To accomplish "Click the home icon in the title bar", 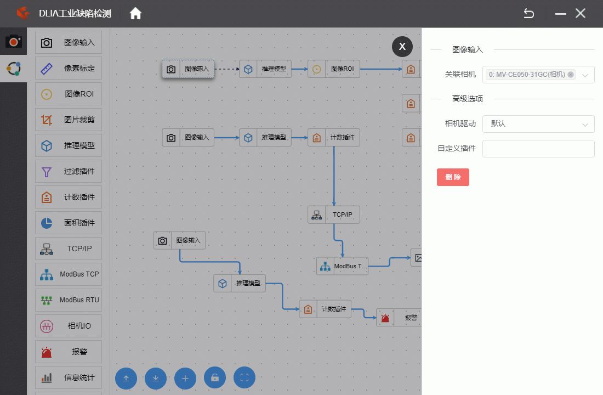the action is pos(135,14).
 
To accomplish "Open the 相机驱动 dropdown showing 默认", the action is pos(538,124).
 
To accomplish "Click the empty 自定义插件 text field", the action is pos(538,149).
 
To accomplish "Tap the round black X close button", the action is pos(402,47).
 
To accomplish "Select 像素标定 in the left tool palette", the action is pos(69,68).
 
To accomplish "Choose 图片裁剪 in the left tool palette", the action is pos(69,120).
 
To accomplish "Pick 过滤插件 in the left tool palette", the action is pos(69,171).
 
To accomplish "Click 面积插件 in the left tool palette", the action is pos(69,223).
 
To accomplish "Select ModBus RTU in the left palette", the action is pos(69,300).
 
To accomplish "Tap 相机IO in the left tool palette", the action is pos(69,326).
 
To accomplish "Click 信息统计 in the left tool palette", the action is pos(69,377).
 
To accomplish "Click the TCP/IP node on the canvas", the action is pos(334,215).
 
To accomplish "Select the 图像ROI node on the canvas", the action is pos(334,69).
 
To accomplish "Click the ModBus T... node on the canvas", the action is pos(342,266).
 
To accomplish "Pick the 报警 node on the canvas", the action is pos(399,318).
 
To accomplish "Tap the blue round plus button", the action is pos(185,378).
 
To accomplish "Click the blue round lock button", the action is pos(214,378).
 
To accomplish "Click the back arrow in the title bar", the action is pos(529,14).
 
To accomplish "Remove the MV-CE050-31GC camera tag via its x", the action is pos(571,75).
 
